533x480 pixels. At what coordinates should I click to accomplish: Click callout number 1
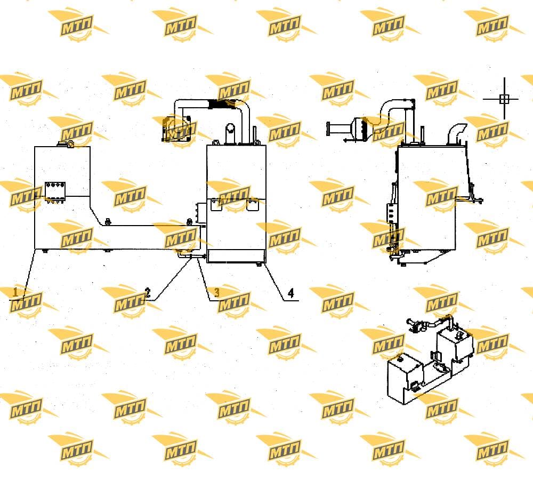[x=15, y=292]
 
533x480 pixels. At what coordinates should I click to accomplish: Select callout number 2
[x=147, y=293]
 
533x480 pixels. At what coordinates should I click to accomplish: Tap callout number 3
[x=216, y=292]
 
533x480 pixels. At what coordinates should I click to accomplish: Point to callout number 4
[x=291, y=293]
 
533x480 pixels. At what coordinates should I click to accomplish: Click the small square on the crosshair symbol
[x=504, y=99]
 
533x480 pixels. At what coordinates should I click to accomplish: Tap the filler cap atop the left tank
[x=67, y=143]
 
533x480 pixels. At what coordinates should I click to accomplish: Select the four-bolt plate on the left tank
[x=55, y=191]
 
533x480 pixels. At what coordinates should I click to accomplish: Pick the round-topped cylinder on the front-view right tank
[x=230, y=133]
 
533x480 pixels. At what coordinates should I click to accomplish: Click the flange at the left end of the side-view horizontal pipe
[x=328, y=129]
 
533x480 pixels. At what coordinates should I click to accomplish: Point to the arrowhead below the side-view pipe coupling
[x=345, y=140]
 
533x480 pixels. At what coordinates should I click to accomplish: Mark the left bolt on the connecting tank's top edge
[x=108, y=221]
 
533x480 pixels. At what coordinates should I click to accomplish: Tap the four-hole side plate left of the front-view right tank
[x=201, y=213]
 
